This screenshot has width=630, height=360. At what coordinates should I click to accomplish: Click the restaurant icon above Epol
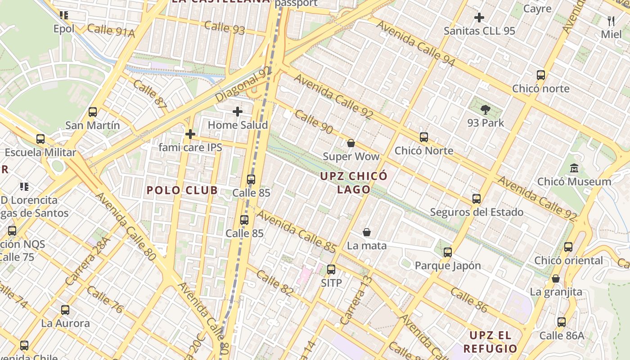point(64,15)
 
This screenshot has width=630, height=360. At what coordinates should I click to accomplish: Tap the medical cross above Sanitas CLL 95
point(479,18)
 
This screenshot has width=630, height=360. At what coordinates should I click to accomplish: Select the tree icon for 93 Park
point(485,109)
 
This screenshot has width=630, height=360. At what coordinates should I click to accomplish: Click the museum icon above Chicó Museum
point(574,168)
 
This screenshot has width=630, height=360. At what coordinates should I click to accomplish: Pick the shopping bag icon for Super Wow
point(351,143)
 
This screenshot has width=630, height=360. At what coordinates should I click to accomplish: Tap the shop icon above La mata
point(367,232)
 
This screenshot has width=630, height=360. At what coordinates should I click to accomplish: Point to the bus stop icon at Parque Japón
point(447,252)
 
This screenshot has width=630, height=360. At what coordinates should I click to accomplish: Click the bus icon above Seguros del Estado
point(477,198)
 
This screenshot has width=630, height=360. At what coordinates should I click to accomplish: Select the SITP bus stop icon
point(331,270)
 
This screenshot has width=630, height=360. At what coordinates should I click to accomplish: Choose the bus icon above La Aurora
point(65,310)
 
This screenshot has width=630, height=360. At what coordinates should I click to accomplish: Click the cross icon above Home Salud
point(238,111)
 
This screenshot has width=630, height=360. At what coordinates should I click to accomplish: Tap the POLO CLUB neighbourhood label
point(182,190)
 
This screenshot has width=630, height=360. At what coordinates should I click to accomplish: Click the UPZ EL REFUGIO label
point(490,342)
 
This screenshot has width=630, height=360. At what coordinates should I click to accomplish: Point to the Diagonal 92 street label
point(243,84)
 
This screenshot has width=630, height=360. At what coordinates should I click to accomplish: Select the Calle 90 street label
point(314,122)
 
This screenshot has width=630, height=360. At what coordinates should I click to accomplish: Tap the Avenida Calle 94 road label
point(416,43)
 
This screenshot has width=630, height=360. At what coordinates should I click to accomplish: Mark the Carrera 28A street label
point(88,263)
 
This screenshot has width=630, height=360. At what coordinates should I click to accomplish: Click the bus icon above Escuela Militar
point(40,139)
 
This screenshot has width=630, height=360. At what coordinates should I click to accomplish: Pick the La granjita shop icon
point(556,279)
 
